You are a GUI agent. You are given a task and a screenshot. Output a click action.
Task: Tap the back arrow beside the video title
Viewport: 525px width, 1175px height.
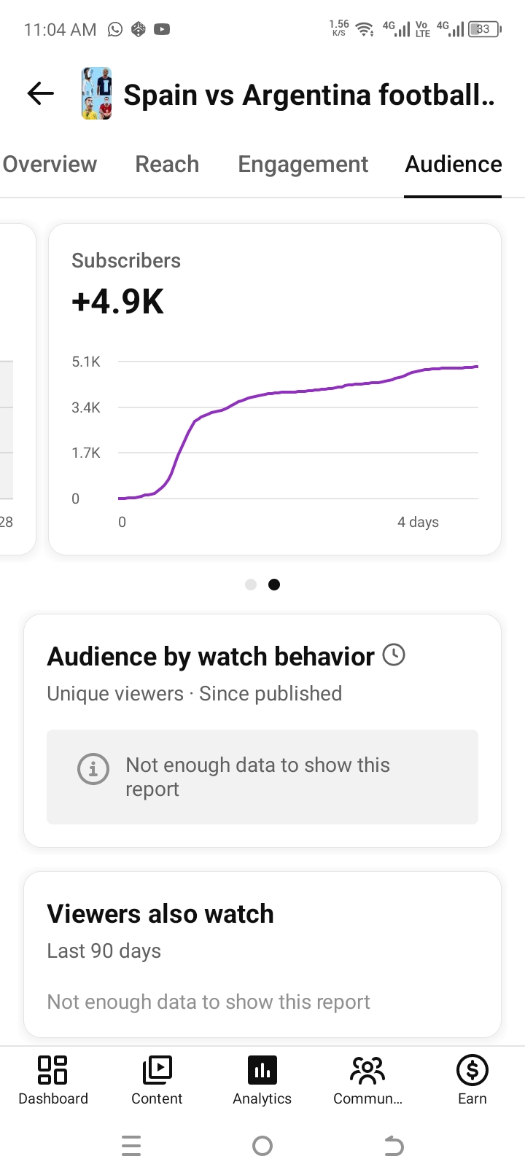tap(40, 94)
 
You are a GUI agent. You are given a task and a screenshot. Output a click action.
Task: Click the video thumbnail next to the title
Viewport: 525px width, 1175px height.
tap(96, 93)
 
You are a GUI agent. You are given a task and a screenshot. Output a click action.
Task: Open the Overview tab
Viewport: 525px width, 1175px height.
tap(50, 164)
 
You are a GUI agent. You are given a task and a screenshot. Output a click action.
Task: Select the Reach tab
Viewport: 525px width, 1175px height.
tap(167, 164)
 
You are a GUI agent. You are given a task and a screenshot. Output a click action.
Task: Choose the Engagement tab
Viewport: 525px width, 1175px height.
tap(303, 165)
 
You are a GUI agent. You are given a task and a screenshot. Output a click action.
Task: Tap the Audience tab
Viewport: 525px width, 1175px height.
tap(453, 164)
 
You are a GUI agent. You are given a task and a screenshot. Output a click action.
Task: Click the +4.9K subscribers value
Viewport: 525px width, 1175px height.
tap(117, 301)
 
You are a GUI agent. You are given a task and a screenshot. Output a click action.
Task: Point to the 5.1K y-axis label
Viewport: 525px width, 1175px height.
tap(85, 362)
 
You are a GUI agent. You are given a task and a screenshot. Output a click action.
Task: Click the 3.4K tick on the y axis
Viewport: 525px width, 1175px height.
tap(85, 407)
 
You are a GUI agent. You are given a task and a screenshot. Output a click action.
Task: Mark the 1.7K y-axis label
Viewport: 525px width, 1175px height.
tap(85, 453)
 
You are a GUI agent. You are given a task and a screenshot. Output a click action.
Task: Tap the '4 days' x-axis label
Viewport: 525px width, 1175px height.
tap(418, 522)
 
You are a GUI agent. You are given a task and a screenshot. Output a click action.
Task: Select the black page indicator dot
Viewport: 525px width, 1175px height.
tap(274, 585)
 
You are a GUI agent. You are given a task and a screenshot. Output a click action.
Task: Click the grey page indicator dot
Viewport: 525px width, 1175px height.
tap(251, 585)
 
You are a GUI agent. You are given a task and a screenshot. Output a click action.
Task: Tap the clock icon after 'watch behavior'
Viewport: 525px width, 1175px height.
tap(394, 655)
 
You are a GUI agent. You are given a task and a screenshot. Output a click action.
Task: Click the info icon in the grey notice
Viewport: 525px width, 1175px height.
tap(93, 769)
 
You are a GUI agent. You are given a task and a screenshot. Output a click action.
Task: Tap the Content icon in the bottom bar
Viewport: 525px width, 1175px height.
tap(157, 1070)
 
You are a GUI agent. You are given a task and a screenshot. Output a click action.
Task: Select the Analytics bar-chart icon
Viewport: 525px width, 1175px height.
tap(262, 1070)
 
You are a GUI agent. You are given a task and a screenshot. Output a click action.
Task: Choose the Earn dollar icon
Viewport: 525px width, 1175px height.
tap(472, 1070)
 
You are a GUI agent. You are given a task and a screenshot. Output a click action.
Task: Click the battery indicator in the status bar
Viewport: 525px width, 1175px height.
tap(485, 29)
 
